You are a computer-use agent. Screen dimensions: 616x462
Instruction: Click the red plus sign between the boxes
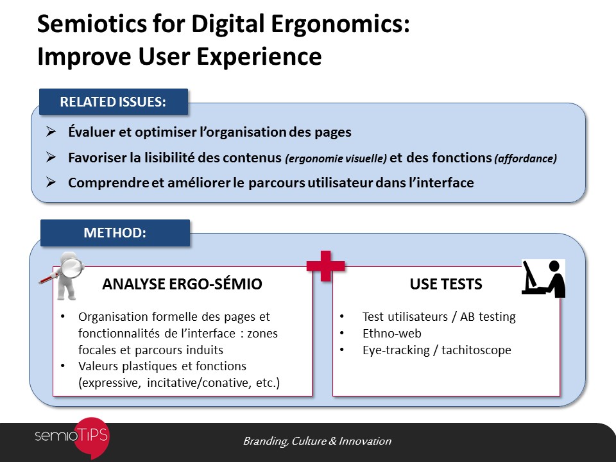tap(326, 266)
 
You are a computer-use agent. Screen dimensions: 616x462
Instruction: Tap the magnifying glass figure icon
tap(63, 276)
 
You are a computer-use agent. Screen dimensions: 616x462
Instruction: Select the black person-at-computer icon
tap(543, 278)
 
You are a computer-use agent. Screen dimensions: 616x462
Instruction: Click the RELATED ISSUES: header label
tap(114, 102)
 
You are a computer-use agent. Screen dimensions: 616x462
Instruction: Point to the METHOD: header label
tap(115, 232)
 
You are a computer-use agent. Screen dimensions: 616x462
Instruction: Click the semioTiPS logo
tap(72, 437)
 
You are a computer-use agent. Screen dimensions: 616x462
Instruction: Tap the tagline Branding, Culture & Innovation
tap(318, 441)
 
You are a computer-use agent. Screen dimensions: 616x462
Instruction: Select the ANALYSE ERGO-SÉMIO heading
tap(182, 284)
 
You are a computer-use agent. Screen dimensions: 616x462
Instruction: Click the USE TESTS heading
tap(446, 284)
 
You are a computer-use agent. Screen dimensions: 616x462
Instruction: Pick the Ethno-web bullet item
tap(391, 334)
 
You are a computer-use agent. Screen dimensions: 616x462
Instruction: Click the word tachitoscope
tap(476, 350)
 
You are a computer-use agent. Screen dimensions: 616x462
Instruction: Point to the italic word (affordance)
tap(526, 158)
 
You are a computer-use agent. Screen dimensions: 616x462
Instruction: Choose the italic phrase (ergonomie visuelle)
tap(336, 158)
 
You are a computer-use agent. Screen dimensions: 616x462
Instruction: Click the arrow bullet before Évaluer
tap(51, 131)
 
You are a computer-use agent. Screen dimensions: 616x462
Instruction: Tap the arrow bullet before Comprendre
tap(51, 182)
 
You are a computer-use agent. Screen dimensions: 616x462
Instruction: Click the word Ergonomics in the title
tap(340, 24)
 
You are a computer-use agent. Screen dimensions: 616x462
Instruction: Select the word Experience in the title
tap(259, 56)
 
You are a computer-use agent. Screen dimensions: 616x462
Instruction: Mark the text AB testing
tap(488, 316)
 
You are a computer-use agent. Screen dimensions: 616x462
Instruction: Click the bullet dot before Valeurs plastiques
tap(63, 366)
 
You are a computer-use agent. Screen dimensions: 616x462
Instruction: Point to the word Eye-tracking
tap(396, 350)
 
